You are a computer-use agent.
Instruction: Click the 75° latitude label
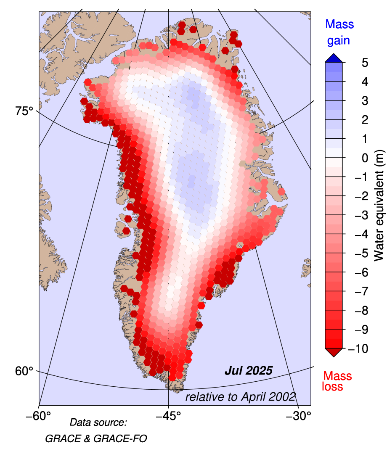pos(24,111)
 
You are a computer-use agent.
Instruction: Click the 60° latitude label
pos(24,371)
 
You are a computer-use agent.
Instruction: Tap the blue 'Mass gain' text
pos(339,32)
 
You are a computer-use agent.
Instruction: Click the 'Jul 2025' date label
pos(249,371)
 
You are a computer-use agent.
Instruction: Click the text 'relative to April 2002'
pos(241,397)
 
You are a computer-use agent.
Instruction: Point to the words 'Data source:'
pos(98,422)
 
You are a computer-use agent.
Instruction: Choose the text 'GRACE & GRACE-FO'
pos(96,438)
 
